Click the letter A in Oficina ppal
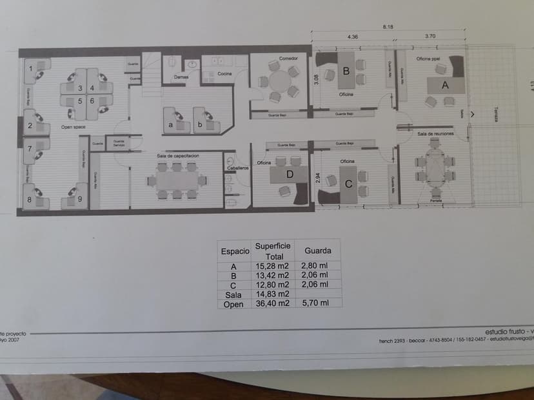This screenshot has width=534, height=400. [444, 84]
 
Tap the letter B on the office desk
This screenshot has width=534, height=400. [346, 71]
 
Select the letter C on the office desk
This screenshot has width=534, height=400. [348, 184]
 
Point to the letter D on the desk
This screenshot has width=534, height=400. [290, 174]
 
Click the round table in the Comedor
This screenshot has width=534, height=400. [280, 82]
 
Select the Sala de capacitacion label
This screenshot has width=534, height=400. [177, 156]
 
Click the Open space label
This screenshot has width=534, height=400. [73, 127]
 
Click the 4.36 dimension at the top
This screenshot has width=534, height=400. [353, 36]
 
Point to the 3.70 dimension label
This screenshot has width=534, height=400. [430, 36]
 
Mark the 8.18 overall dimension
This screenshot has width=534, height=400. [387, 26]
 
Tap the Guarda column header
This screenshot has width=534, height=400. [318, 250]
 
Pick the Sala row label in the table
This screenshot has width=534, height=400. [233, 294]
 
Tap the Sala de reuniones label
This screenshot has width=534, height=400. [435, 133]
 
